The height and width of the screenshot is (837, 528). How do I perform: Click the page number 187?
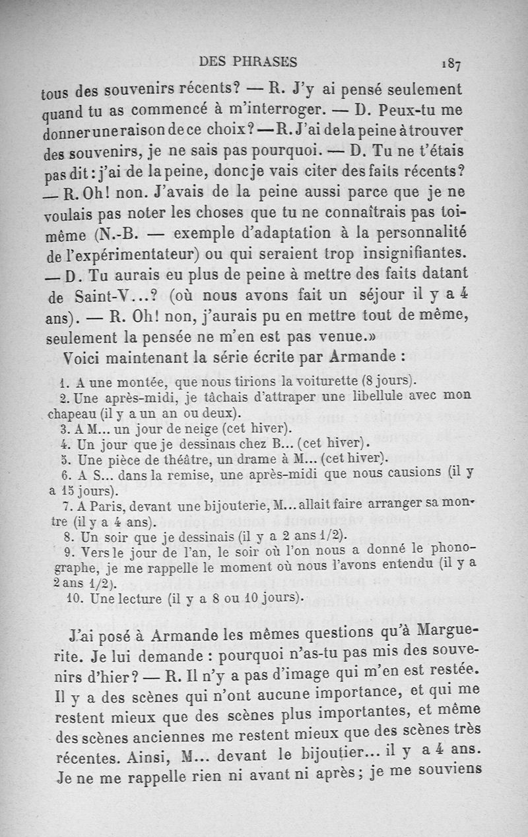pos(452,65)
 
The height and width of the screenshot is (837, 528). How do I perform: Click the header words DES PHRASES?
pos(248,62)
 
